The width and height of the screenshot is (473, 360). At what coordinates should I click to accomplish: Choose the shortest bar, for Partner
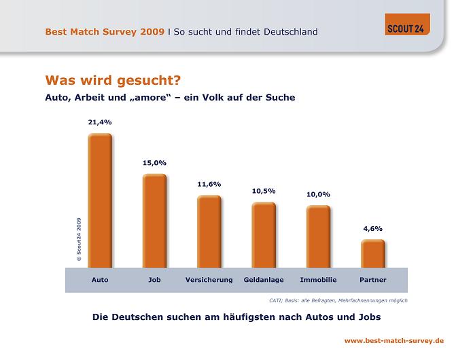tap(372, 253)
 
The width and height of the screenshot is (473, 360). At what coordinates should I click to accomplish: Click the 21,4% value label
tap(100, 122)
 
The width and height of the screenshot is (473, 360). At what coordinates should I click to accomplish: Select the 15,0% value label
tap(154, 163)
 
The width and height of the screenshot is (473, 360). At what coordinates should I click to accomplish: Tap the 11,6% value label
tap(209, 184)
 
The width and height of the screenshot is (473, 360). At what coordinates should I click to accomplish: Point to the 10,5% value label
tap(264, 191)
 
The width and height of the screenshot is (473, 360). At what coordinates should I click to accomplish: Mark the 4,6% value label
tap(372, 228)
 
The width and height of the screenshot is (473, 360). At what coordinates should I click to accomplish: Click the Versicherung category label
tap(209, 280)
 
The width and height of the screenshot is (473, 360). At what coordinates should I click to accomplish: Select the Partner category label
tap(372, 280)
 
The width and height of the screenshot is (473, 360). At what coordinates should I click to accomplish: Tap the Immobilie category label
tap(318, 280)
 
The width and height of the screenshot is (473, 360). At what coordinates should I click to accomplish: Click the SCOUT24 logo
tap(407, 24)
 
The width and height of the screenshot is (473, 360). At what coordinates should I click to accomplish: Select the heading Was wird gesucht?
tap(113, 81)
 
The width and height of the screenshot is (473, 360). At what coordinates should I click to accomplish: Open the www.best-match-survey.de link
tap(394, 340)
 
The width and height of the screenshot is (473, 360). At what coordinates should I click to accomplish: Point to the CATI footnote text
tap(334, 300)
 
